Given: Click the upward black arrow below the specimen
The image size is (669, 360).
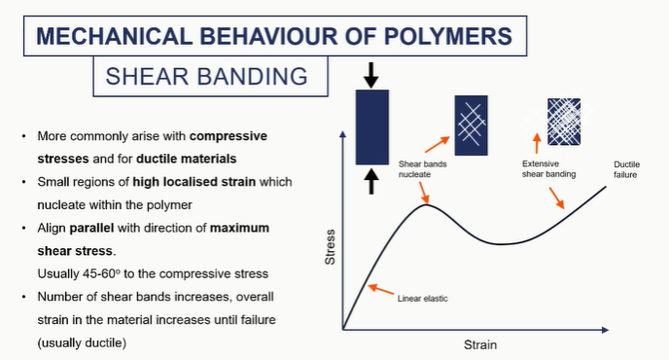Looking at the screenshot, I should pos(371,181).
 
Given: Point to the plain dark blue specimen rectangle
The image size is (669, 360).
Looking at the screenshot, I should pos(371,126).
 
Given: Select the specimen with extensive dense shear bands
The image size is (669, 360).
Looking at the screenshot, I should pos(564,121).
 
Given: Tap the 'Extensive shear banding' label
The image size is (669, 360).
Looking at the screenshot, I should pos(548,169).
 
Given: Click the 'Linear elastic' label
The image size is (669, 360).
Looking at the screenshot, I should pos(424,298).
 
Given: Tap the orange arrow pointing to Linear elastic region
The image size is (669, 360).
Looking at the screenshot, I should pos(381,289).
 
